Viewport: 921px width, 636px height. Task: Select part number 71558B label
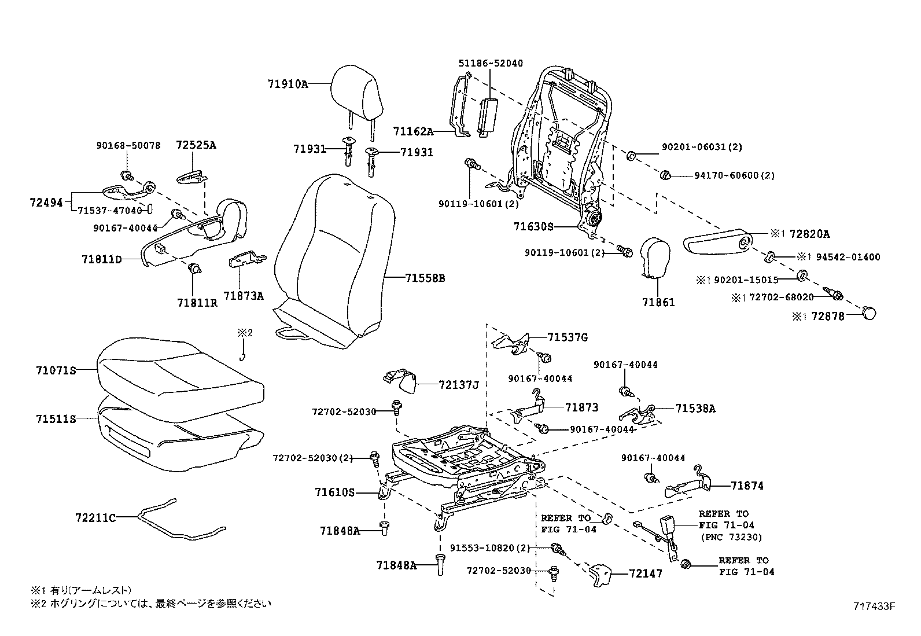pyautogui.click(x=425, y=278)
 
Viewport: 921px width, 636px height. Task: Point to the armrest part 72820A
pyautogui.click(x=717, y=242)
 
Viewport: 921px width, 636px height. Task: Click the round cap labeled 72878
pyautogui.click(x=869, y=313)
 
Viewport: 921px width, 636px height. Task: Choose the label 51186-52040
pyautogui.click(x=491, y=63)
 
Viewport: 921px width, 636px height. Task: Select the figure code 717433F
pyautogui.click(x=874, y=606)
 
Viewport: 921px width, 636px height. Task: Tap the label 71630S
pyautogui.click(x=533, y=227)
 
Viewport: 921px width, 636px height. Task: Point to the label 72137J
pyautogui.click(x=458, y=384)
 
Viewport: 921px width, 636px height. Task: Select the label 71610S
pyautogui.click(x=334, y=492)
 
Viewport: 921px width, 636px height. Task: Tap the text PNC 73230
pyautogui.click(x=731, y=537)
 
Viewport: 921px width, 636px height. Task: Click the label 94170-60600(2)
pyautogui.click(x=734, y=175)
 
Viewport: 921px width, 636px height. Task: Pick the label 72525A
pyautogui.click(x=196, y=146)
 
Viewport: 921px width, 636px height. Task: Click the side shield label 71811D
pyautogui.click(x=101, y=259)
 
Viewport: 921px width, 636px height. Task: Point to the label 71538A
pyautogui.click(x=695, y=408)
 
